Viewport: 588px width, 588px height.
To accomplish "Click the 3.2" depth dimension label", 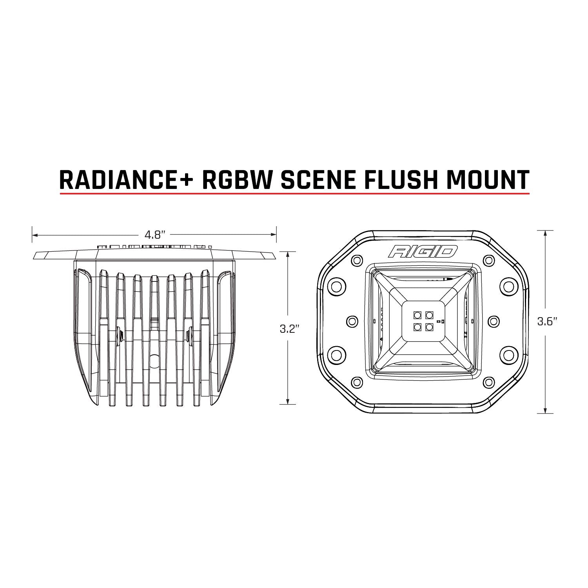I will (x=289, y=329).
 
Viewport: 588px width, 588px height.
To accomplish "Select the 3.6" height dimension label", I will (x=547, y=322).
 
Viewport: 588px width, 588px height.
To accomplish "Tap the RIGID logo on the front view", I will (x=423, y=251).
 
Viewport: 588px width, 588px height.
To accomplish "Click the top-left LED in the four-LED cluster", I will (x=416, y=314).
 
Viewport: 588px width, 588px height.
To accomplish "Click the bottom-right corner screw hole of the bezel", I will (x=488, y=382).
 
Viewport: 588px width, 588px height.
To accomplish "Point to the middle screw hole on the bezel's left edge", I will (x=353, y=321).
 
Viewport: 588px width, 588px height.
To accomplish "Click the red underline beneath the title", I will (x=294, y=194).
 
